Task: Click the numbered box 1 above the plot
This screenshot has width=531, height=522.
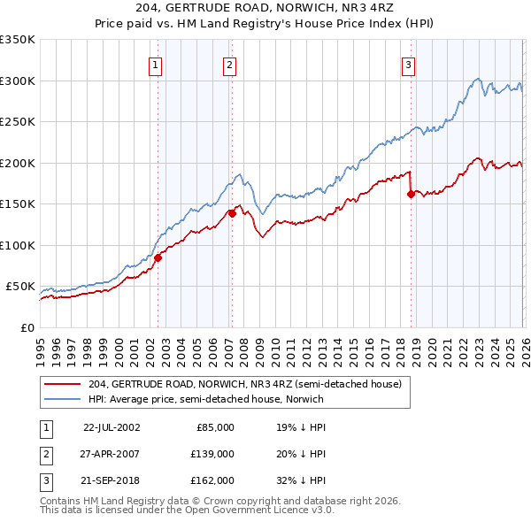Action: pyautogui.click(x=156, y=64)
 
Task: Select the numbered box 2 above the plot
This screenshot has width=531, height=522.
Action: pyautogui.click(x=229, y=64)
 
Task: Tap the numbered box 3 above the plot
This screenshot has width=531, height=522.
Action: pyautogui.click(x=409, y=64)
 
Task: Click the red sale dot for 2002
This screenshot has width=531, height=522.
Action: pyautogui.click(x=158, y=258)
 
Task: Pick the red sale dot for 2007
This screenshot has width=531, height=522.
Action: pyautogui.click(x=232, y=213)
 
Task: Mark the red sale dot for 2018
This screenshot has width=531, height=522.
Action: pyautogui.click(x=411, y=195)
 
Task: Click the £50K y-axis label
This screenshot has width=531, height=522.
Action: pyautogui.click(x=21, y=287)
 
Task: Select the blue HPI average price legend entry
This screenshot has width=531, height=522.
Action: pyautogui.click(x=205, y=399)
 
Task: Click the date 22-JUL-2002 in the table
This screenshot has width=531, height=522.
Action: pyautogui.click(x=112, y=426)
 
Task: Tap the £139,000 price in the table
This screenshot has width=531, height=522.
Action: pyautogui.click(x=212, y=453)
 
